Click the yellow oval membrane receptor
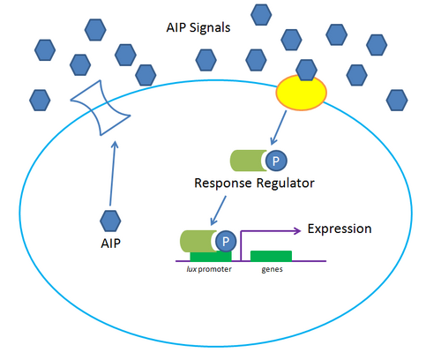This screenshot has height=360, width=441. point(302,93)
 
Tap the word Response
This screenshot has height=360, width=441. point(223,184)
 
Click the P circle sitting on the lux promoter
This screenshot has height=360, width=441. point(226,241)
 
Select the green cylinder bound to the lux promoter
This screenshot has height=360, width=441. point(198,241)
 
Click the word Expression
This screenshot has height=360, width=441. point(339,229)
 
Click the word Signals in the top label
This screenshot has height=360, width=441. point(213,27)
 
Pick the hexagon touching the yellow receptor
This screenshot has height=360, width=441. point(307,69)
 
